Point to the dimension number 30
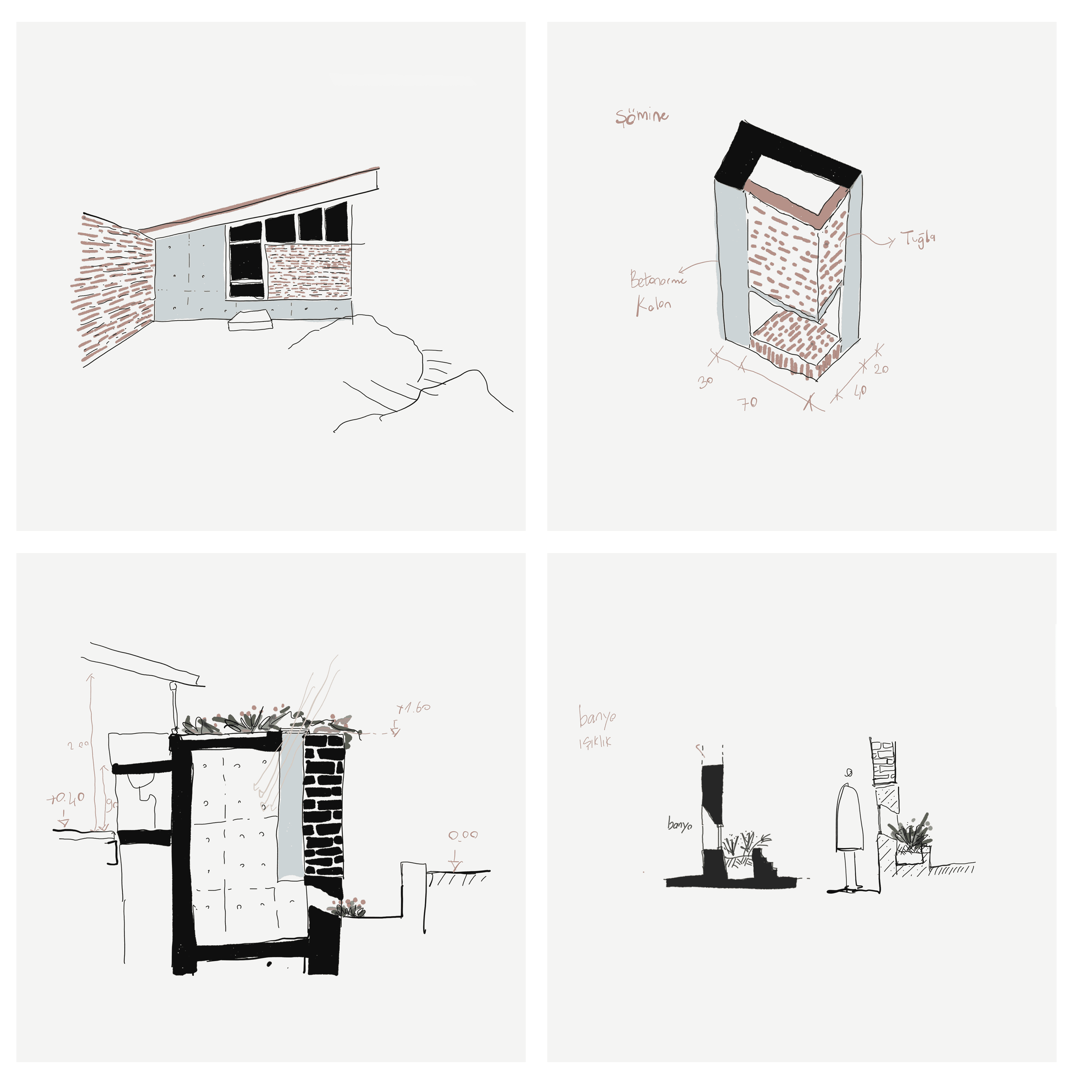click(x=705, y=382)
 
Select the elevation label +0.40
click(x=66, y=798)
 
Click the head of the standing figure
click(x=849, y=773)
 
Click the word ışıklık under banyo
click(x=595, y=742)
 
